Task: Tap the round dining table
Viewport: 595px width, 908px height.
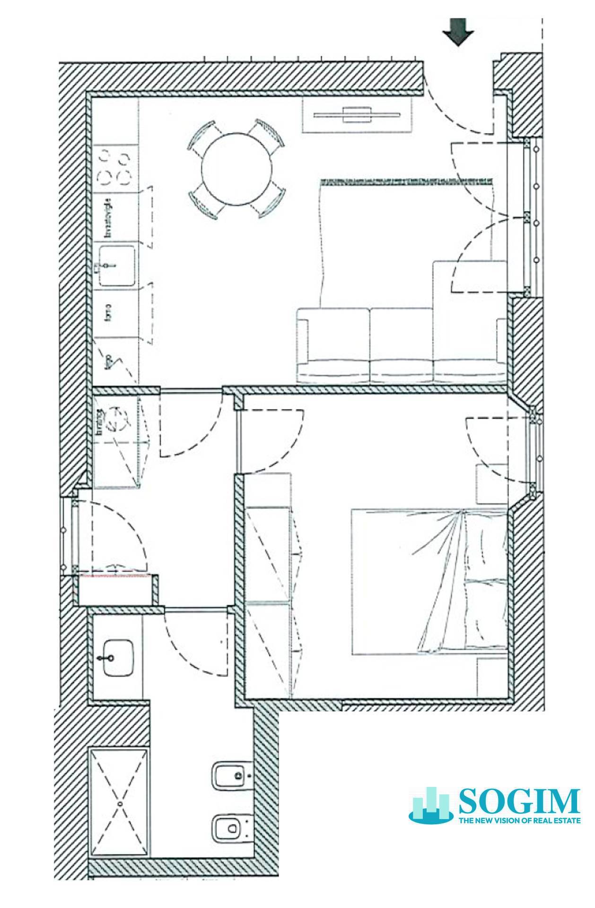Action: point(236,170)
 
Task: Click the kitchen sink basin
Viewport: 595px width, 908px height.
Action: point(116,267)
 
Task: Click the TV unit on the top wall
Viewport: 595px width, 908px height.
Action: point(357,114)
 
